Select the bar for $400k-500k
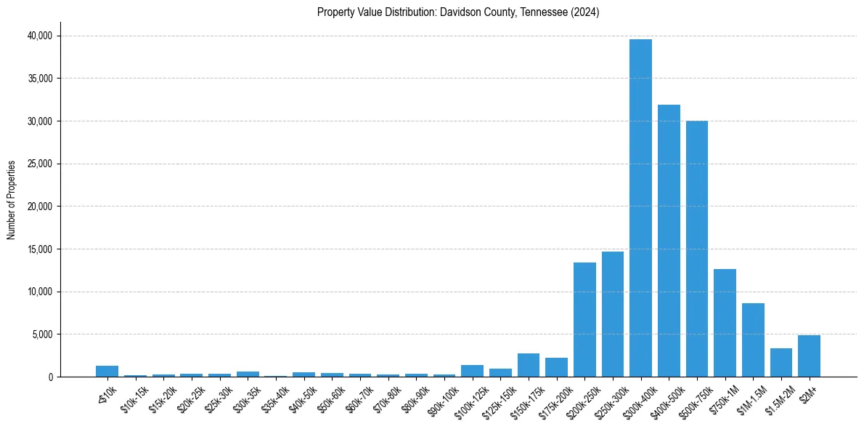[669, 241]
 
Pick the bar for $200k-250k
[584, 320]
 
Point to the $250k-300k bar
[613, 314]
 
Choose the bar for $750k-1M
[725, 323]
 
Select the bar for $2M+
[809, 356]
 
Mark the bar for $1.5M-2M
[781, 363]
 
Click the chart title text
[458, 12]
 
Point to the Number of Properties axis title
[12, 199]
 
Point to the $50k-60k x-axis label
[331, 397]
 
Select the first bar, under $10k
[107, 372]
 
